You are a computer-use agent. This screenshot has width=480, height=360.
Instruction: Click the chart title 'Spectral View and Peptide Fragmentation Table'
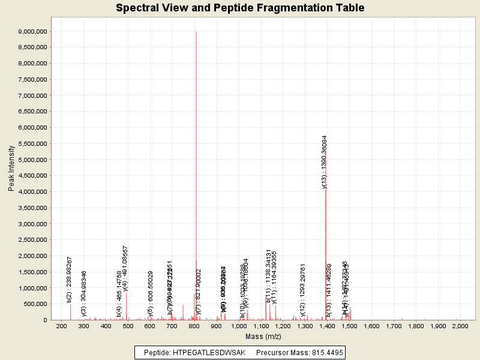[x=240, y=8]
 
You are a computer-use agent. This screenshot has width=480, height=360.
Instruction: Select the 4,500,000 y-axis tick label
[x=34, y=176]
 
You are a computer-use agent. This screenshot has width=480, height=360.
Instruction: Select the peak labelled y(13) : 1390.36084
[x=326, y=252]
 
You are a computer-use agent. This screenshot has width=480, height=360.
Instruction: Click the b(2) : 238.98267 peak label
[x=70, y=279]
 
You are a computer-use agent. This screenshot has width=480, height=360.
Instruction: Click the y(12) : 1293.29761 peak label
[x=304, y=290]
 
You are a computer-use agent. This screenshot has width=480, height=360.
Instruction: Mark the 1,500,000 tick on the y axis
[x=34, y=272]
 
